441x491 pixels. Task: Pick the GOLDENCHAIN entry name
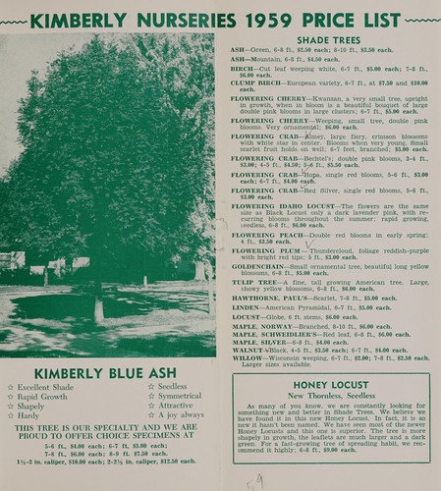coord(259,266)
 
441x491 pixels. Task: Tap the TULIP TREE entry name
coord(254,283)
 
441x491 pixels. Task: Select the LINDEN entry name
coord(247,307)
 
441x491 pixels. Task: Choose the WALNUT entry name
coord(249,350)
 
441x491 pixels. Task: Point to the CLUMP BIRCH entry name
coord(256,83)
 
